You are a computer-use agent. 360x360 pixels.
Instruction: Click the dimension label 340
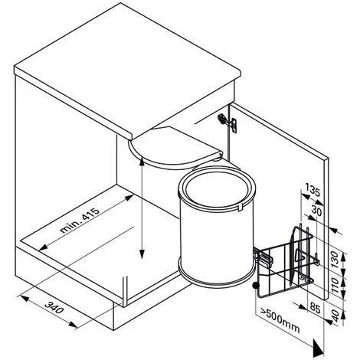54,307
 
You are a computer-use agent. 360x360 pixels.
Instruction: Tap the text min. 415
79,220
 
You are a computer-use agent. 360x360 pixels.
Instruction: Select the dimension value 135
313,190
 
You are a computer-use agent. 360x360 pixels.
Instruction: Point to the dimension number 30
316,211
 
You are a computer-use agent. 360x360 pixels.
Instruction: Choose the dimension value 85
315,308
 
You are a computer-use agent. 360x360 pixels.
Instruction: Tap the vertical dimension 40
335,316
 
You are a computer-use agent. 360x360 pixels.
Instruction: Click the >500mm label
280,319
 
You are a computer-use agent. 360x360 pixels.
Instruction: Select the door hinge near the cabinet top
227,122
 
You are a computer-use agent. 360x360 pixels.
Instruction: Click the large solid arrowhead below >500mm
318,347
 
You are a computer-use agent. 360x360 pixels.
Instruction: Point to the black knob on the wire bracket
255,285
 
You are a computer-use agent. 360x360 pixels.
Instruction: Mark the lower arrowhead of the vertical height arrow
142,254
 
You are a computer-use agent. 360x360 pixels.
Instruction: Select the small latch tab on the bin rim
241,207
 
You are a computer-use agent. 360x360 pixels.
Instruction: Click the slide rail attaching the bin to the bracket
263,258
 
